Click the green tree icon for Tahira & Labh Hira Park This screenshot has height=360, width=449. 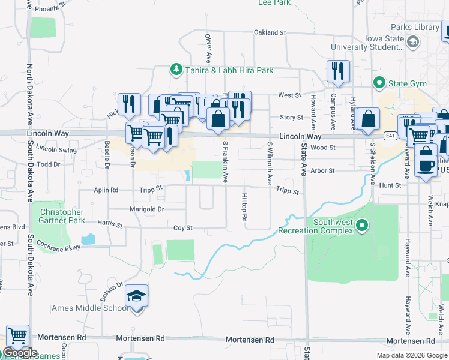point(176,70)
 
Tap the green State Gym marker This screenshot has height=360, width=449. point(379,82)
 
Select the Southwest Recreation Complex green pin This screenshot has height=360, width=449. point(361,226)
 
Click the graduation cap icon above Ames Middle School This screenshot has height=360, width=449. point(137,296)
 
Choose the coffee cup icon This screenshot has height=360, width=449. point(426,165)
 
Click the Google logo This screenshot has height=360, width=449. point(19,353)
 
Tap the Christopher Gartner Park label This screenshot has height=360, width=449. point(62,217)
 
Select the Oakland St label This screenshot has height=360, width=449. point(270,32)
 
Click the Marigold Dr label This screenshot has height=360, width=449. point(147,209)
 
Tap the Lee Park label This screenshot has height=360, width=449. point(274,3)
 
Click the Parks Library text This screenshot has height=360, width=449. point(415,28)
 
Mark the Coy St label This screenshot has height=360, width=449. point(182,228)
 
